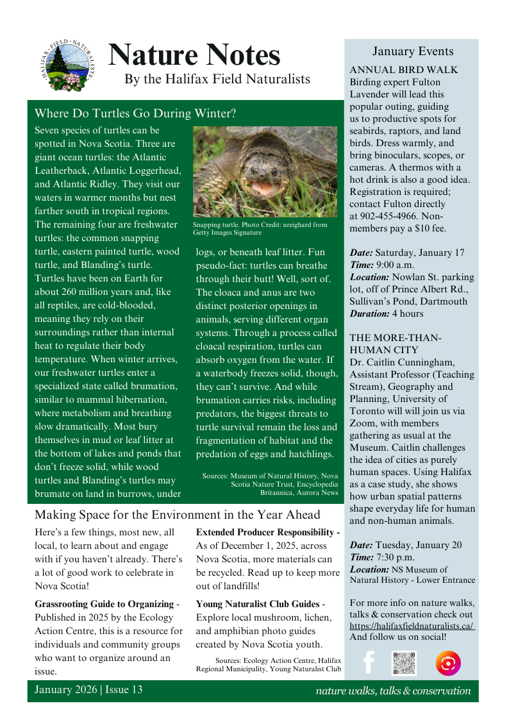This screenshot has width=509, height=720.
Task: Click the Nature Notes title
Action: coord(194,55)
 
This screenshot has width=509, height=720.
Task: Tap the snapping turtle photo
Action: coord(265,171)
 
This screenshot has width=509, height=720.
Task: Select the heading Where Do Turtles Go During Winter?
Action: coord(135,113)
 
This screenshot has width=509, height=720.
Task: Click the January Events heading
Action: coord(412,52)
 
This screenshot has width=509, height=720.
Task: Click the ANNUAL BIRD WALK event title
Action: coord(404,70)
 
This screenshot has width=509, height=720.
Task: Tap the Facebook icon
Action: coord(369,662)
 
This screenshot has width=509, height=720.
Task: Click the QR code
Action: coord(404,663)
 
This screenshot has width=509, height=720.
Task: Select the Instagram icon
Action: coord(447,663)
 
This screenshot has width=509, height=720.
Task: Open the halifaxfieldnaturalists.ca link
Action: coord(412,625)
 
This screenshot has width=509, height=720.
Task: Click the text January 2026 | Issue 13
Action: coord(88,690)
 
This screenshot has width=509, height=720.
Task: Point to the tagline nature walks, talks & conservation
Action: coord(393,691)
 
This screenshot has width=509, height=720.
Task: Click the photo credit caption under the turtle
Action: coord(260,229)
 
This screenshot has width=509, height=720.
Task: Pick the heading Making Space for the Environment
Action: coord(178,514)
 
